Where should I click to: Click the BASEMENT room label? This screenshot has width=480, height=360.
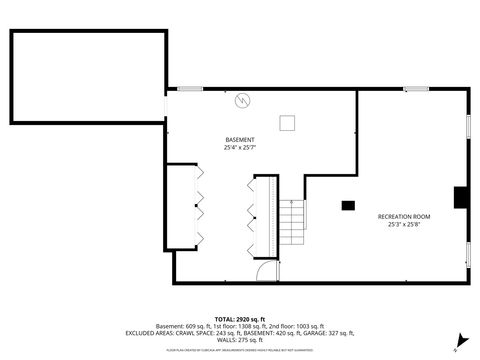coord(240,139)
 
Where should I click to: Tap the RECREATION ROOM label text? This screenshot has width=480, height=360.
coord(403,216)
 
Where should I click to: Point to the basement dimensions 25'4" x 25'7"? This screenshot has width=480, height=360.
coord(240,148)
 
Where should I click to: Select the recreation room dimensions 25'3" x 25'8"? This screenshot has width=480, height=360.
coord(403,225)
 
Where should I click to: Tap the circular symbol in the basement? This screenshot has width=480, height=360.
coord(241,100)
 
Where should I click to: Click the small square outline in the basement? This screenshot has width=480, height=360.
coord(287,122)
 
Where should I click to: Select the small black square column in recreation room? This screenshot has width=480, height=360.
coord(347,205)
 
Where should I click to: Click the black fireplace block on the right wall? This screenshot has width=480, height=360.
coord(460,198)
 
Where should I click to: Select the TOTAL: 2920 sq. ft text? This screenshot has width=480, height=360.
coord(240,318)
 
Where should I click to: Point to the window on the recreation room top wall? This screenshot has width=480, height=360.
coord(416,89)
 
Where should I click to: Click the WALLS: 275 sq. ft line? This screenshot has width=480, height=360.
coord(240,341)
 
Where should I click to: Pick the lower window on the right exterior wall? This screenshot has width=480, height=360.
coord(469,255)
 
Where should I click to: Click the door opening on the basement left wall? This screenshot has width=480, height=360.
coord(166,106)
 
